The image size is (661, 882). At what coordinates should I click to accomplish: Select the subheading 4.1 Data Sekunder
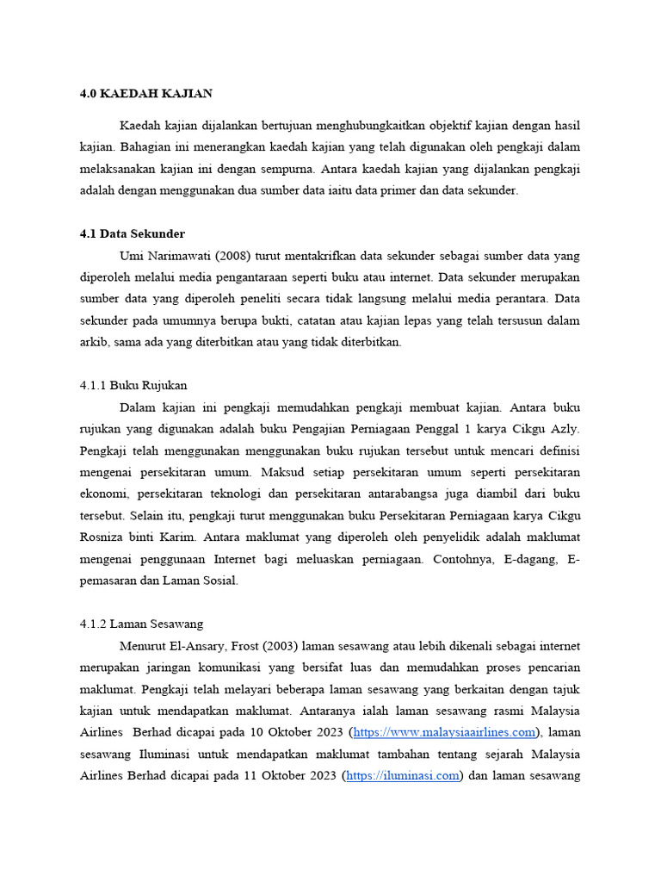pyautogui.click(x=132, y=233)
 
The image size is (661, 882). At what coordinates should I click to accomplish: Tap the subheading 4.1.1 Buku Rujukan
pyautogui.click(x=133, y=385)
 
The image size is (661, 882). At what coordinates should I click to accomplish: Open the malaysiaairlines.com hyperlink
pyautogui.click(x=444, y=732)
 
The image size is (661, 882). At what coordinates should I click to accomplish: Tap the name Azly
pyautogui.click(x=565, y=428)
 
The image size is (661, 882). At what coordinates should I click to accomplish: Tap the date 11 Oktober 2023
pyautogui.click(x=288, y=775)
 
